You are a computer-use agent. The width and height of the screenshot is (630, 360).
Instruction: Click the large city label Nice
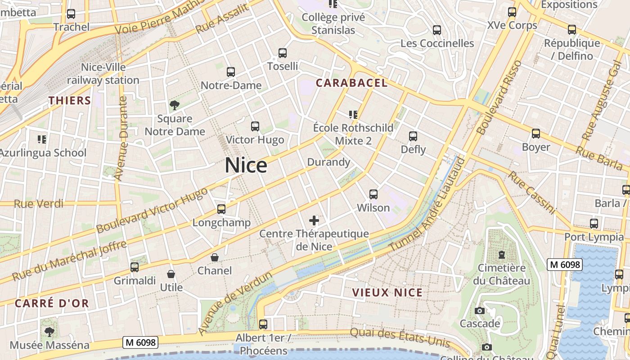pyautogui.click(x=246, y=166)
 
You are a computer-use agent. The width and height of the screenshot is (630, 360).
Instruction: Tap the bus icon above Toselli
pyautogui.click(x=283, y=53)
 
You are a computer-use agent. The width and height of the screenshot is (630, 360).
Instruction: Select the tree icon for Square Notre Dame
pyautogui.click(x=175, y=105)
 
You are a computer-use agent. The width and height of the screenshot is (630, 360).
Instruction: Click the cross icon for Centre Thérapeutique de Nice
pyautogui.click(x=314, y=220)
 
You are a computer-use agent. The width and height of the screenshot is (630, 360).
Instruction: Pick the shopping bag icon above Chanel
pyautogui.click(x=215, y=258)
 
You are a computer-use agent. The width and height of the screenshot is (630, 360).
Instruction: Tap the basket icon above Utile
pyautogui.click(x=171, y=274)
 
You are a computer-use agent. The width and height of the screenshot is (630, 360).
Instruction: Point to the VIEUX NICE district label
pyautogui.click(x=387, y=292)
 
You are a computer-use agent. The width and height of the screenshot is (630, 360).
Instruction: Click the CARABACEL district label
pyautogui.click(x=351, y=83)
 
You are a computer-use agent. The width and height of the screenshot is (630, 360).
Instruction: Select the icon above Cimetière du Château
pyautogui.click(x=501, y=255)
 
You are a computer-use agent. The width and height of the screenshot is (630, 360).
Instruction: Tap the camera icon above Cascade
pyautogui.click(x=480, y=311)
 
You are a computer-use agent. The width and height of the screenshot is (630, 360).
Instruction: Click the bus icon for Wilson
pyautogui.click(x=373, y=194)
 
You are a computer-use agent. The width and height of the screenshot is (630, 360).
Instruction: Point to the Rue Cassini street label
pyautogui.click(x=532, y=192)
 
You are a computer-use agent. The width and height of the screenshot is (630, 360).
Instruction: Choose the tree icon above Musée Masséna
pyautogui.click(x=49, y=332)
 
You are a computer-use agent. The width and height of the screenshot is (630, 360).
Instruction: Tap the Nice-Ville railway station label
pyautogui.click(x=103, y=74)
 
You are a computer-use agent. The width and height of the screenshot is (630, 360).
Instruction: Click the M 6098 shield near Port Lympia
pyautogui.click(x=565, y=265)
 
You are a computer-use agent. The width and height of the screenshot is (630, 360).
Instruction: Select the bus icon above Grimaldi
pyautogui.click(x=134, y=267)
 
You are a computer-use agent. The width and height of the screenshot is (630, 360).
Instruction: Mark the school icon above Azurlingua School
pyautogui.click(x=42, y=139)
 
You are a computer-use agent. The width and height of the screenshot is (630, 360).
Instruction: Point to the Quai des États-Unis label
pyautogui.click(x=400, y=337)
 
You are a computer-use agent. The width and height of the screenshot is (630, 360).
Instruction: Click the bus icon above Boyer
pyautogui.click(x=535, y=134)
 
